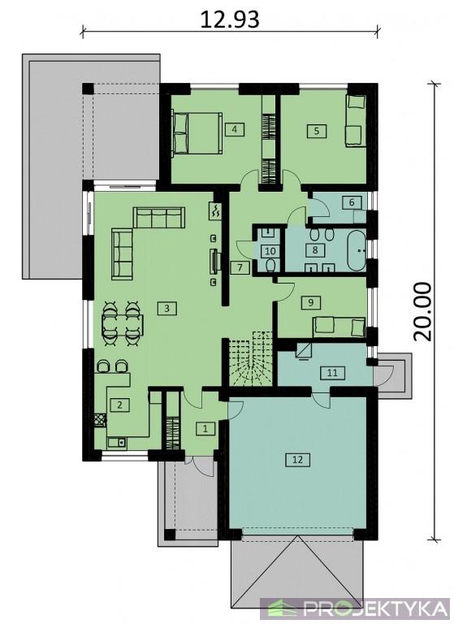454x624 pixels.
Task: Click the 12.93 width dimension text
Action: tap(230, 19)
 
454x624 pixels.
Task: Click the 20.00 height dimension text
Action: tap(422, 312)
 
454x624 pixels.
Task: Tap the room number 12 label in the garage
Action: tap(297, 460)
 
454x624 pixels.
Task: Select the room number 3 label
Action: tap(166, 308)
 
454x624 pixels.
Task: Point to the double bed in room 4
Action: tap(197, 133)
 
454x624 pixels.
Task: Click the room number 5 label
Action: tap(317, 131)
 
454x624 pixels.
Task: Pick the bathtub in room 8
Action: tap(356, 250)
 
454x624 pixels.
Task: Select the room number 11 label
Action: tap(333, 373)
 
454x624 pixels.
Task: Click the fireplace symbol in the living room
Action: tap(216, 210)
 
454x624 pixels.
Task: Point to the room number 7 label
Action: tap(240, 268)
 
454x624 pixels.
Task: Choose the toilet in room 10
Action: tap(270, 266)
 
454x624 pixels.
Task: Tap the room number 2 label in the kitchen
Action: tap(119, 405)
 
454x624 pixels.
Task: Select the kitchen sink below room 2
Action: tap(117, 442)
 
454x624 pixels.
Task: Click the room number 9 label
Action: tap(310, 302)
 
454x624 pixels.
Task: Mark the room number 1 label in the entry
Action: tap(205, 429)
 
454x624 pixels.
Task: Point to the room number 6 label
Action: tap(352, 202)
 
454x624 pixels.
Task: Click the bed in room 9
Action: tap(339, 327)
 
